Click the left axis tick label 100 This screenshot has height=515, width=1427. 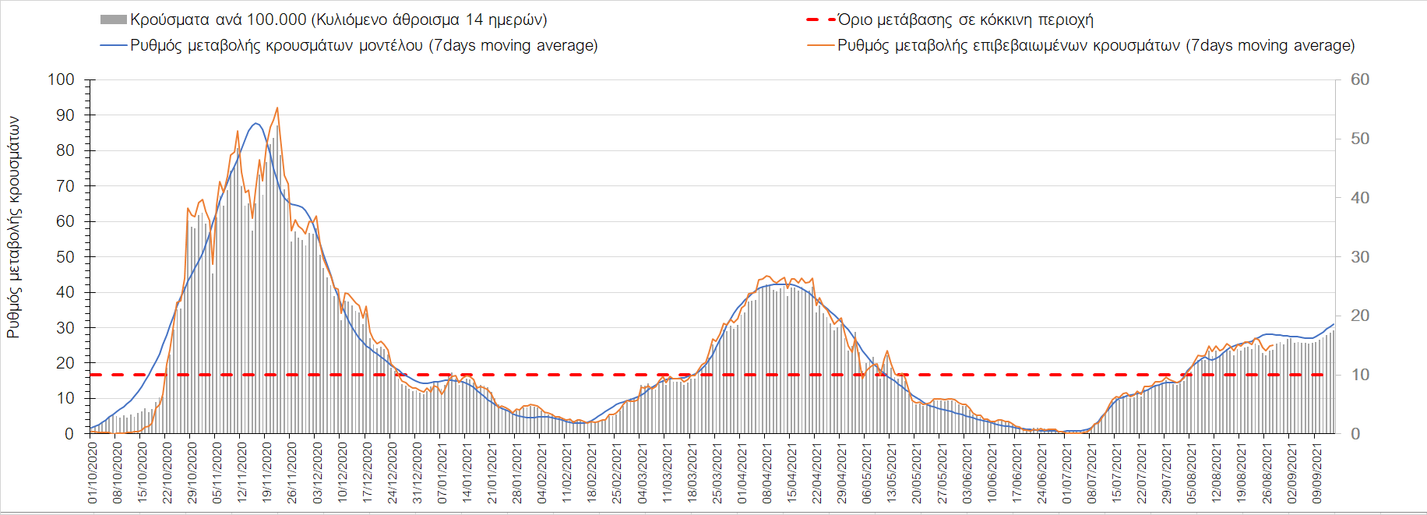(x=61, y=79)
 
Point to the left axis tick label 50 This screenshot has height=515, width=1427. (x=65, y=257)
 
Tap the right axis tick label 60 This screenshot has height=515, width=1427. (x=1360, y=79)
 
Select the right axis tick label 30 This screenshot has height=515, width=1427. (x=1360, y=257)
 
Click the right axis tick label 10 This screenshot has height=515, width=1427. (x=1360, y=375)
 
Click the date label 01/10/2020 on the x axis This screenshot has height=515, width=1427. (x=93, y=473)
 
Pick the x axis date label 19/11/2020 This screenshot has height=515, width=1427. (x=267, y=473)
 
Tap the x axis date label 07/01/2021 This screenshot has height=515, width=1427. (x=442, y=473)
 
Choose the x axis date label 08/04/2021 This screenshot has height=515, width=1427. (x=767, y=473)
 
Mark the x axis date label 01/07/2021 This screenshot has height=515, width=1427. (x=1067, y=473)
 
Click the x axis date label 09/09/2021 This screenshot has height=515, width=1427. (x=1317, y=473)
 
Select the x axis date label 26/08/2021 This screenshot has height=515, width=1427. (x=1267, y=473)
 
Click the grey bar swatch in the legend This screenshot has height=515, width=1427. (x=113, y=19)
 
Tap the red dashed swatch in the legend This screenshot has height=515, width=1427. (x=821, y=19)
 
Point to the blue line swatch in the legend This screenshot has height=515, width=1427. (x=113, y=45)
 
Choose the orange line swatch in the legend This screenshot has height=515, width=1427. (x=821, y=45)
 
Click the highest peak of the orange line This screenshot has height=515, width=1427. (x=277, y=108)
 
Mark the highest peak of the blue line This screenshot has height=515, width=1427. (x=255, y=123)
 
